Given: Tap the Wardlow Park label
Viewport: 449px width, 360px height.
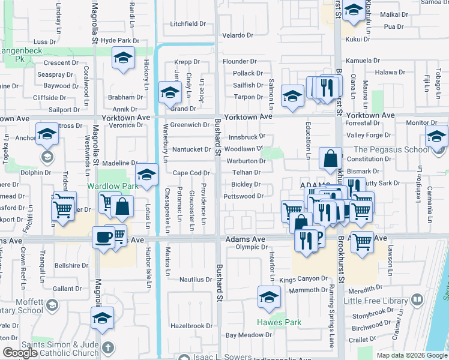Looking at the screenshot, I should pos(113,186).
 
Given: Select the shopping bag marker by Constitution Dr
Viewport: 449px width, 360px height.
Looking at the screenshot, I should pos(330,159).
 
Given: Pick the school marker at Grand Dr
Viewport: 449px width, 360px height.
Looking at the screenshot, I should pos(170,92).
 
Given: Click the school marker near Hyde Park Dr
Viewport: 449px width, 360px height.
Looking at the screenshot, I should pos(124,59).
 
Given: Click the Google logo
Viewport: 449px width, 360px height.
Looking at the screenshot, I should pos(19,353).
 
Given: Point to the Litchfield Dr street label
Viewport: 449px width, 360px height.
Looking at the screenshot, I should pos(188,24).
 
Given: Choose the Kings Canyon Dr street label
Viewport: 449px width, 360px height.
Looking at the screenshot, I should pos(303,279).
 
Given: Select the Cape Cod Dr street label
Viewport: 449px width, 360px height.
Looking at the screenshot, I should pos(190,173).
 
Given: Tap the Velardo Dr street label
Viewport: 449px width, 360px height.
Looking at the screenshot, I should pos(240,35).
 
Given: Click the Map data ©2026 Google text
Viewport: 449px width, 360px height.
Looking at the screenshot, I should pos(412,355).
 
